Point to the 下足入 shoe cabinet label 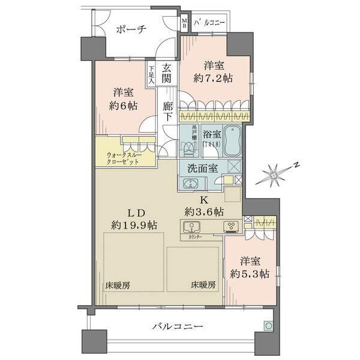pos(152,74)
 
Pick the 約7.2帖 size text pos(214,78)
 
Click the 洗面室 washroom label pos(200,168)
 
